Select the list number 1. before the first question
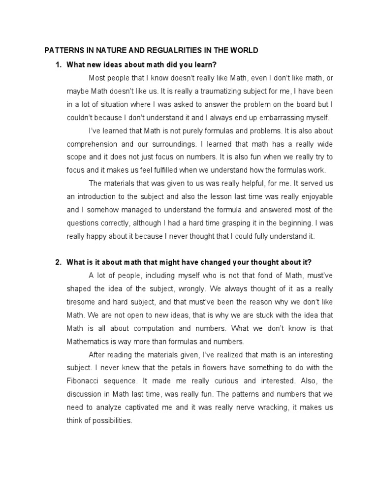[58, 64]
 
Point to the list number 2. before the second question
[58, 261]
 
